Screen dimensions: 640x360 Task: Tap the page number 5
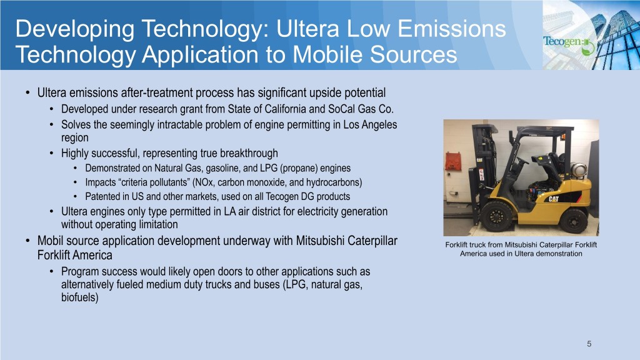pos(589,344)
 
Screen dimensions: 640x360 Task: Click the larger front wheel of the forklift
pos(496,216)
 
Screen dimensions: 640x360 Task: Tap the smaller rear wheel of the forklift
pos(574,221)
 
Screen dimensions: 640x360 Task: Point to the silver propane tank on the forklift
pos(579,171)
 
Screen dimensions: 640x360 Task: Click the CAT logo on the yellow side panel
pos(554,199)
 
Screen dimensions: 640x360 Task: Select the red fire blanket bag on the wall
pos(453,161)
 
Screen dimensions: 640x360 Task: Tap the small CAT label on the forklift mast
pos(479,160)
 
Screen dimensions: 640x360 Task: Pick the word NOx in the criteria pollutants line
pos(204,182)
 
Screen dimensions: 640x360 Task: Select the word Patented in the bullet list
pos(102,196)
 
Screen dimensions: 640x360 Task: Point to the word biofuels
pos(80,297)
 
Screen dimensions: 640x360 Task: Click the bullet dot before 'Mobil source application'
pos(27,241)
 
